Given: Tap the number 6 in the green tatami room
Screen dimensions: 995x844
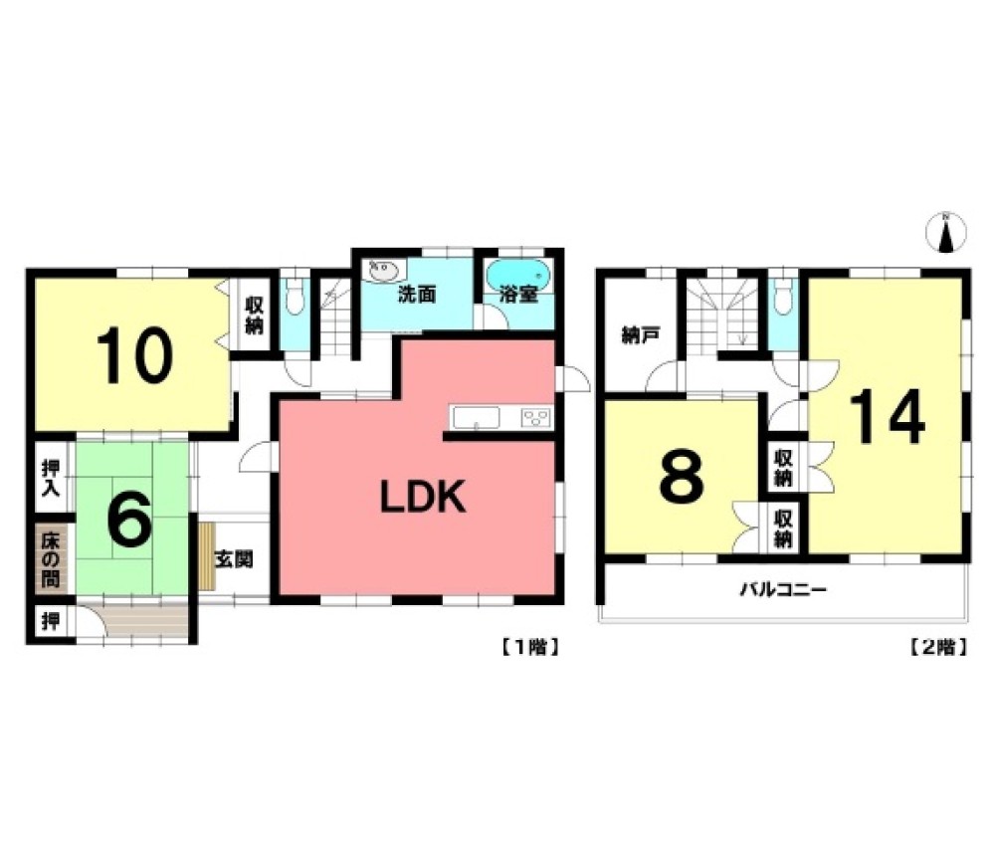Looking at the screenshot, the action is point(129,520).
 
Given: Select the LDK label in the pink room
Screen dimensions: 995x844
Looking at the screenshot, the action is point(423,497).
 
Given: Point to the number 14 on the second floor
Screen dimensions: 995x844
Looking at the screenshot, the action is point(888,416).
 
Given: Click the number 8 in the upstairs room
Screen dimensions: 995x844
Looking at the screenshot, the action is point(683,476).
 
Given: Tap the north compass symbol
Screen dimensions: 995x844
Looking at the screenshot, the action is point(946,233).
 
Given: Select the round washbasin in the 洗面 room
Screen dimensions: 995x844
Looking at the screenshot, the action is point(383,273).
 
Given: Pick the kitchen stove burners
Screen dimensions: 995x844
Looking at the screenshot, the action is point(536,418).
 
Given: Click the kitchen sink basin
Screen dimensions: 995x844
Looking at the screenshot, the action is point(476,418).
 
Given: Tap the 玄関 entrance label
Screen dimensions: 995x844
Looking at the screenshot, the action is point(234,559).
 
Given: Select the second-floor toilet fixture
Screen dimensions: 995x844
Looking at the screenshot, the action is point(784,298).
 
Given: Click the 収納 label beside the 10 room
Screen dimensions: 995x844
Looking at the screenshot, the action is point(254,315).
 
